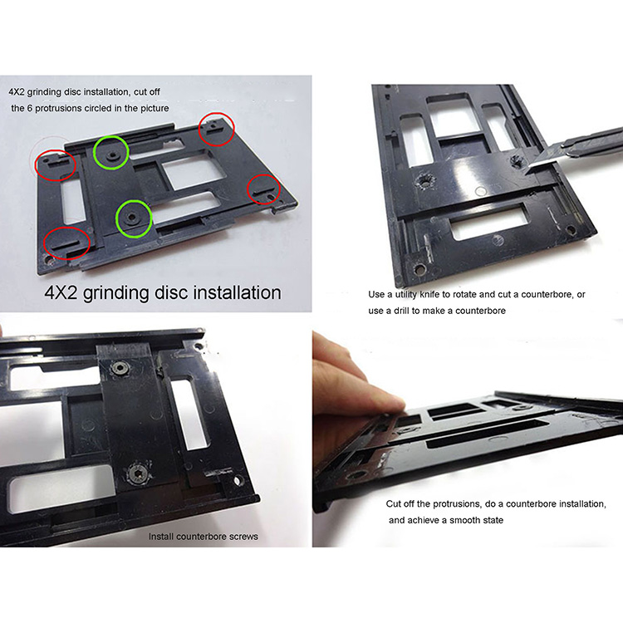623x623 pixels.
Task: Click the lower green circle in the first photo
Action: coord(117,218)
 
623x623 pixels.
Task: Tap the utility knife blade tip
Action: coord(526,173)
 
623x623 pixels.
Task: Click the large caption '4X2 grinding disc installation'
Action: coord(163,293)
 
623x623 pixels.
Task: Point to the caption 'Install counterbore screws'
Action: coord(203,537)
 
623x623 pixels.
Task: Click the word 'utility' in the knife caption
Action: coord(405,295)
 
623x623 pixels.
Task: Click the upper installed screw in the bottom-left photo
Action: coord(120,367)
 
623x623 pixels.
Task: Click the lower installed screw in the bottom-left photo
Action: coord(139,473)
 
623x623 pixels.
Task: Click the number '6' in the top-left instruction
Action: coord(29,108)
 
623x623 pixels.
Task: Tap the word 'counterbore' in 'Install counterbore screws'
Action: coord(202,537)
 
